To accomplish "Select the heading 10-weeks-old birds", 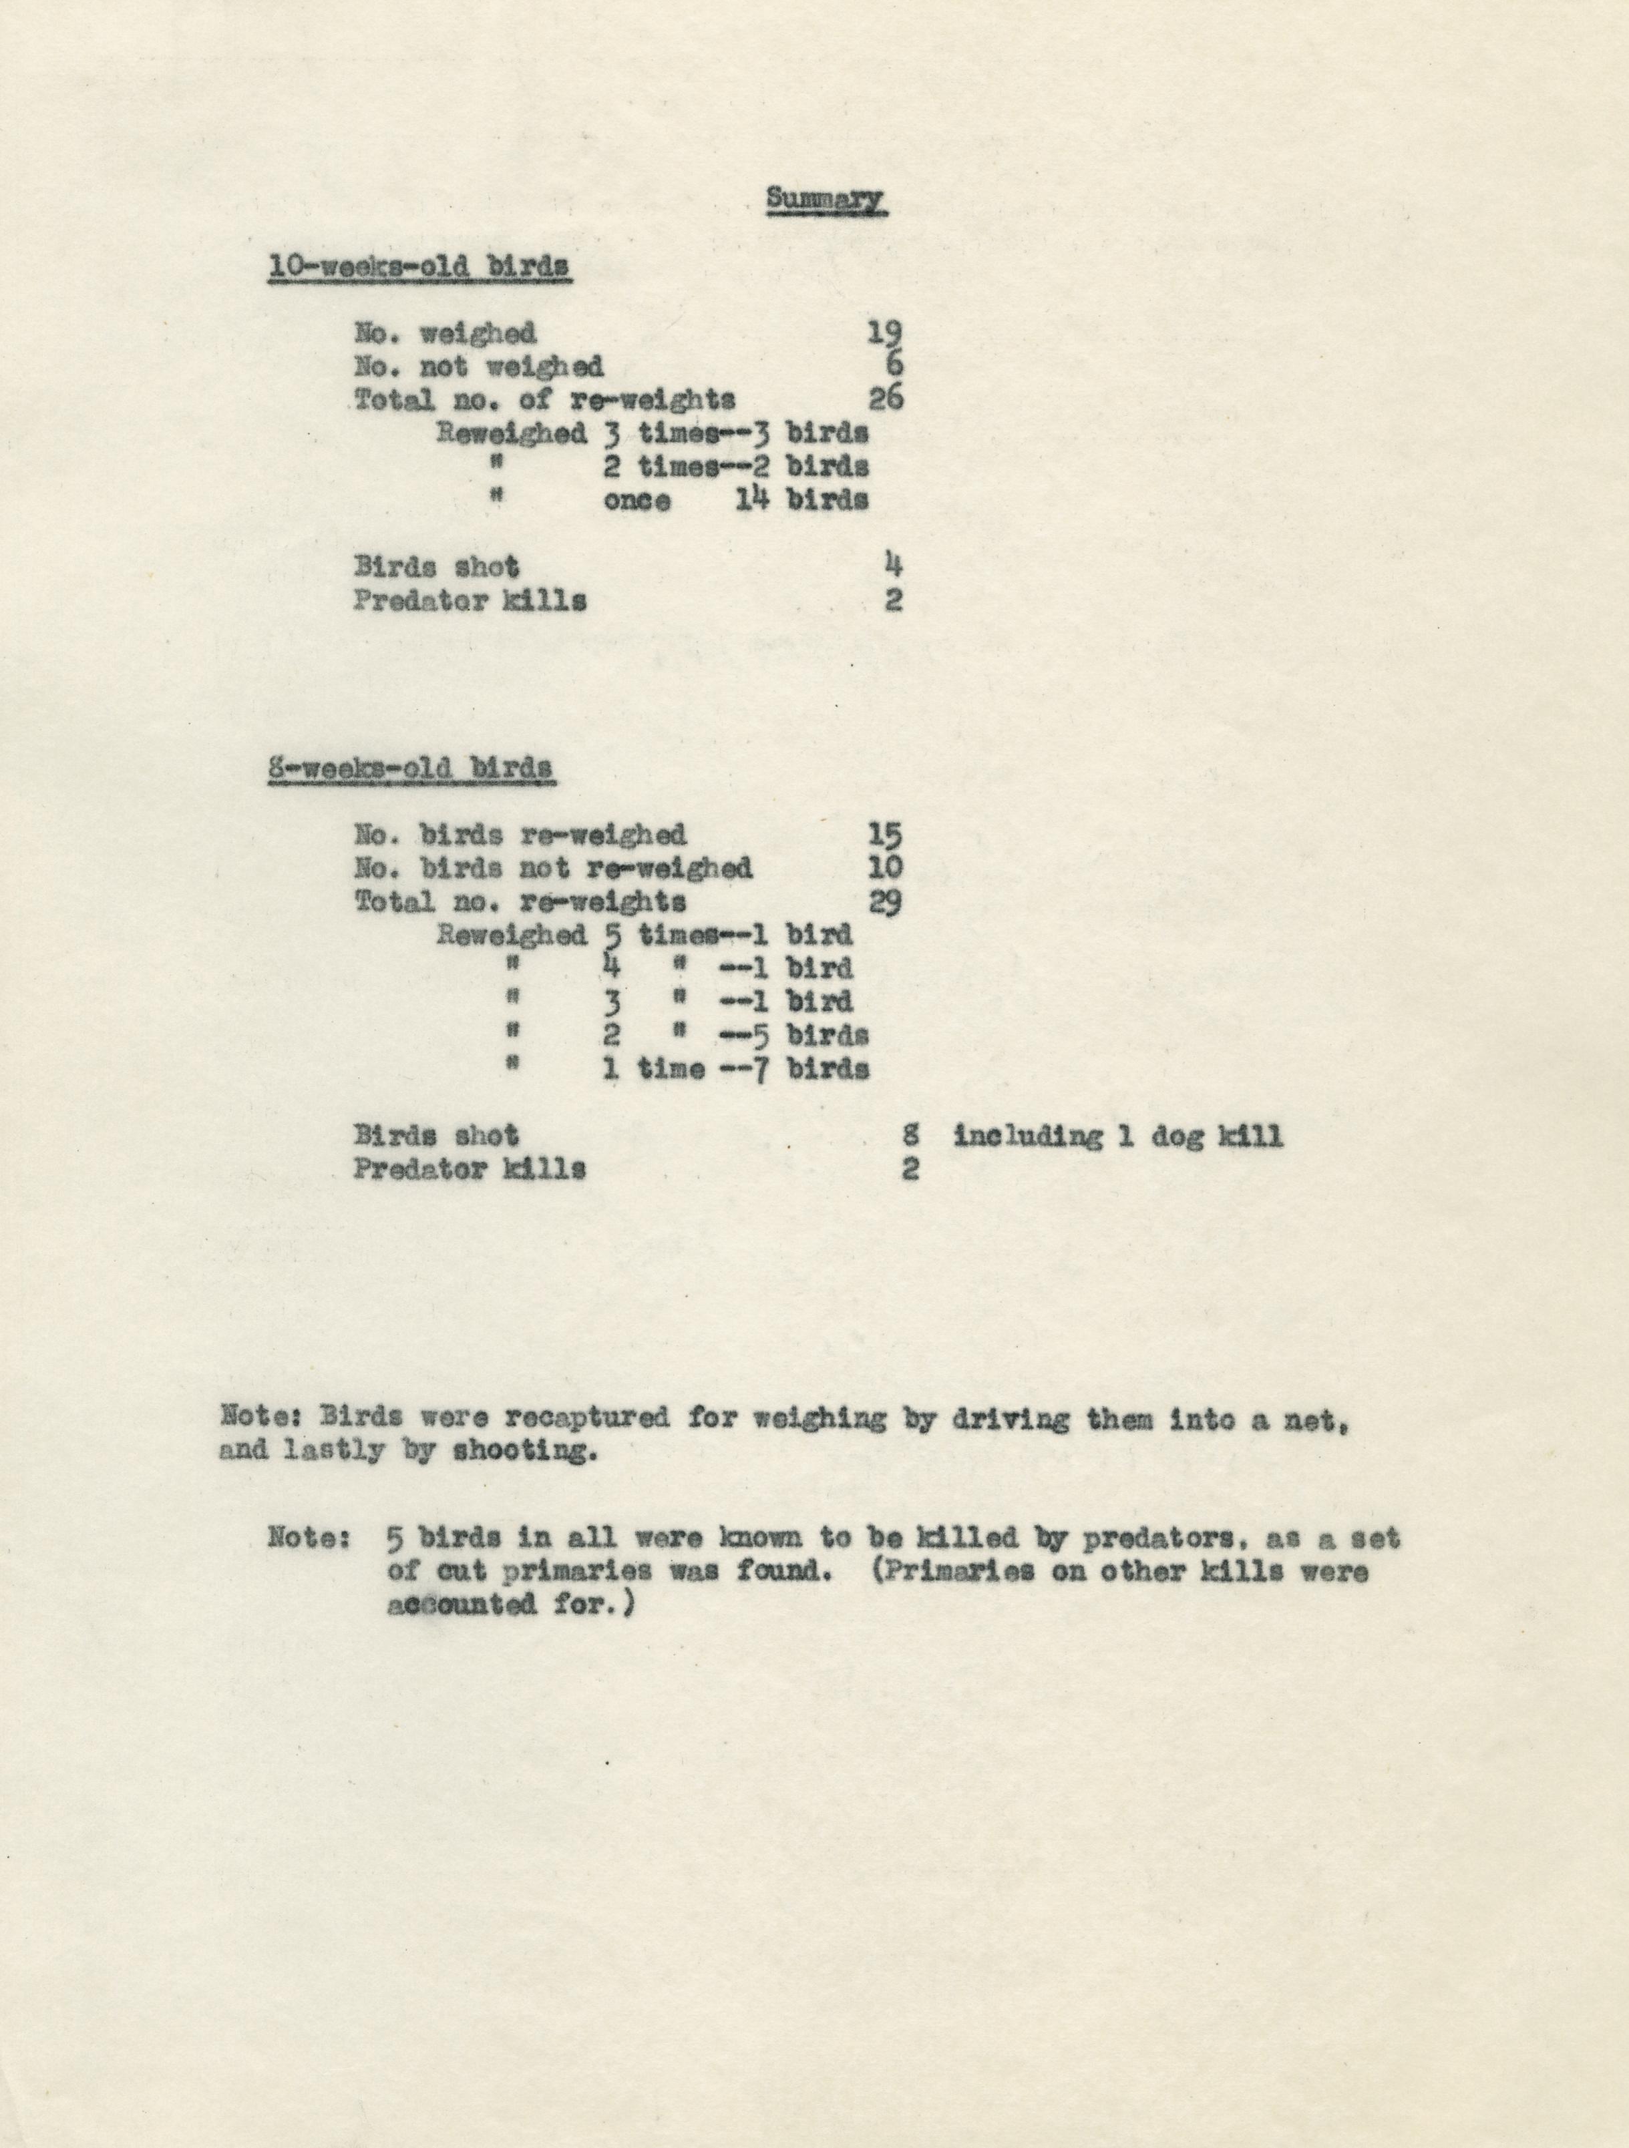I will click(x=419, y=267).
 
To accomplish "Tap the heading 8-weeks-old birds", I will click(x=411, y=768).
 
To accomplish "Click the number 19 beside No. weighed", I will click(x=885, y=334).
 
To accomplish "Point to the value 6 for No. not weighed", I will click(x=894, y=366).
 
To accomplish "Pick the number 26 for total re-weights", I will click(x=885, y=399).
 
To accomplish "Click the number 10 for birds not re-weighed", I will click(x=885, y=867).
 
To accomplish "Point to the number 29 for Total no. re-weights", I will click(x=885, y=901).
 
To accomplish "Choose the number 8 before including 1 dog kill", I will click(x=910, y=1134).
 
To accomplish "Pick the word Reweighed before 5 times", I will click(x=512, y=935).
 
